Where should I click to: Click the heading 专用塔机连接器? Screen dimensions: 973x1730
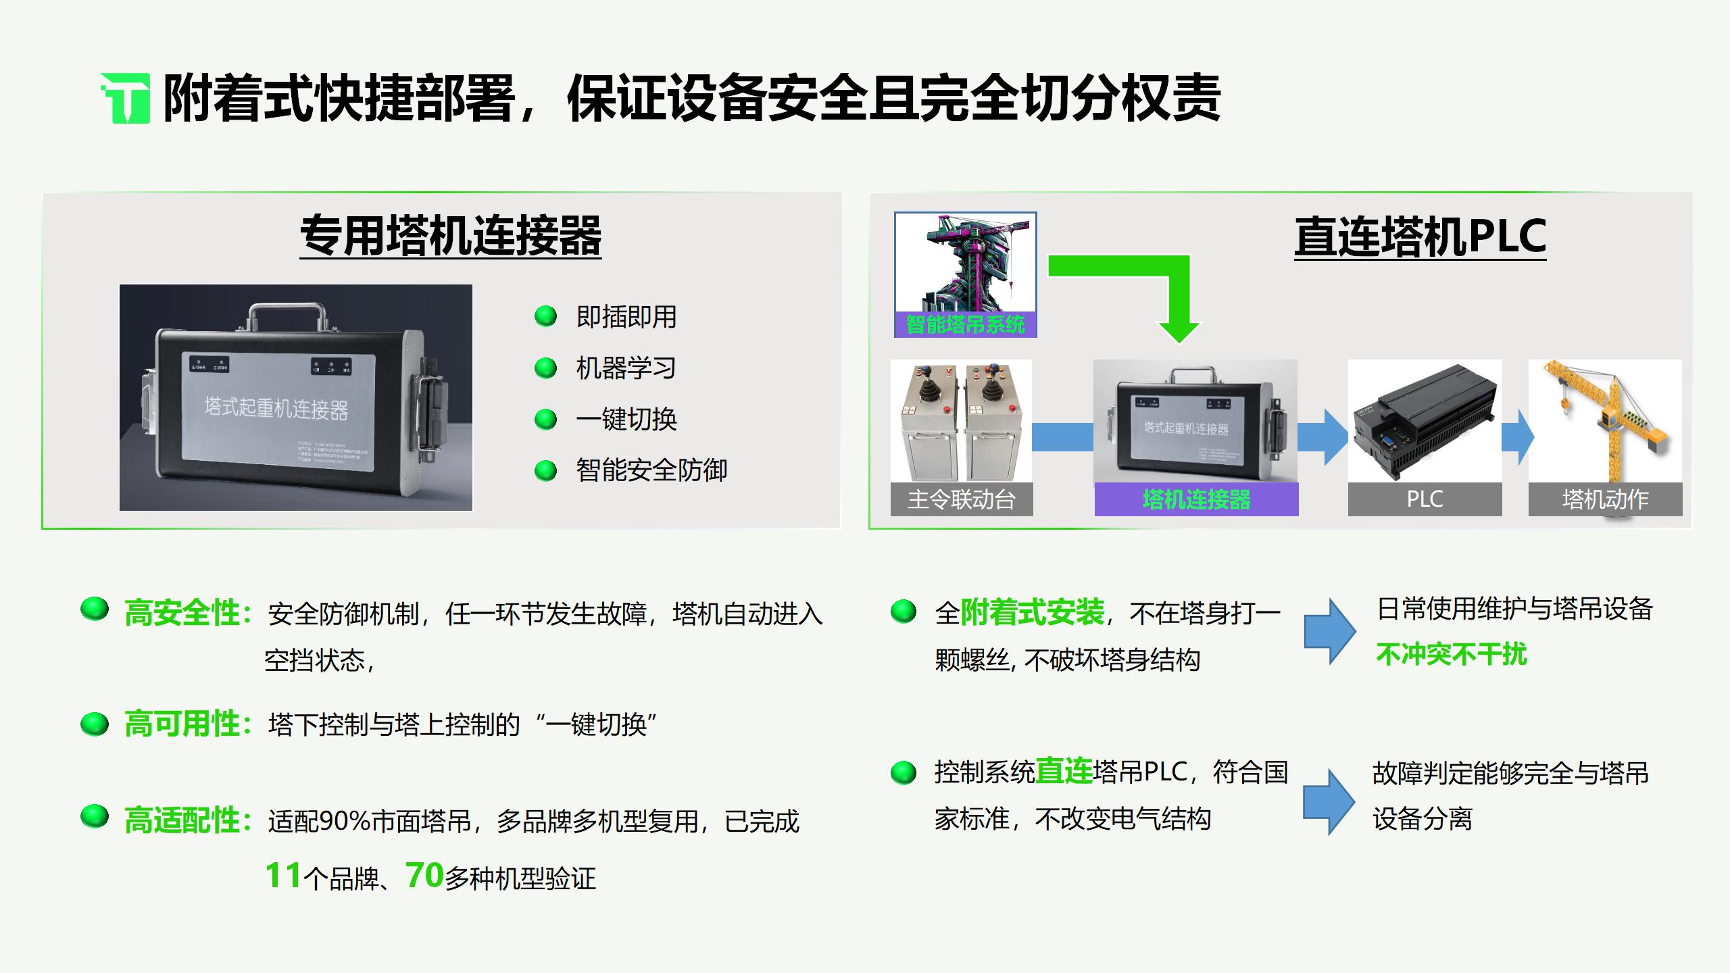[451, 236]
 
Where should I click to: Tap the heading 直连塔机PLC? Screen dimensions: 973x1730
[1420, 236]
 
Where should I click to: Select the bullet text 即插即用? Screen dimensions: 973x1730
[626, 317]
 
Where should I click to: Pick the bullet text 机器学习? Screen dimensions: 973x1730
[626, 368]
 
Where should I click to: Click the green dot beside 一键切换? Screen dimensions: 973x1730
[545, 420]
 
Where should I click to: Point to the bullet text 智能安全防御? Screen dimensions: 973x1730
[651, 471]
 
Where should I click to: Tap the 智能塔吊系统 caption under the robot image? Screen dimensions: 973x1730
[965, 325]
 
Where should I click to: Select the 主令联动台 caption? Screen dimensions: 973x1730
[961, 500]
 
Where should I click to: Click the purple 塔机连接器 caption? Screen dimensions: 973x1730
[1196, 500]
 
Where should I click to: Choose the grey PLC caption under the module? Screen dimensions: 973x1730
[1425, 500]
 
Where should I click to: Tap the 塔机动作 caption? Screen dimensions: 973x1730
[1605, 500]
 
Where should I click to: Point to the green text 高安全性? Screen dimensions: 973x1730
[182, 614]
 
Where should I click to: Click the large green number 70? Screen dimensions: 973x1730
[424, 876]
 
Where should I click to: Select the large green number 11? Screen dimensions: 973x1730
[283, 876]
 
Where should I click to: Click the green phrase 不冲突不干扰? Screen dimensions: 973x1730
[1451, 654]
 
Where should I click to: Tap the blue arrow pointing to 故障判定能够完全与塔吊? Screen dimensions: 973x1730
[1329, 802]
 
